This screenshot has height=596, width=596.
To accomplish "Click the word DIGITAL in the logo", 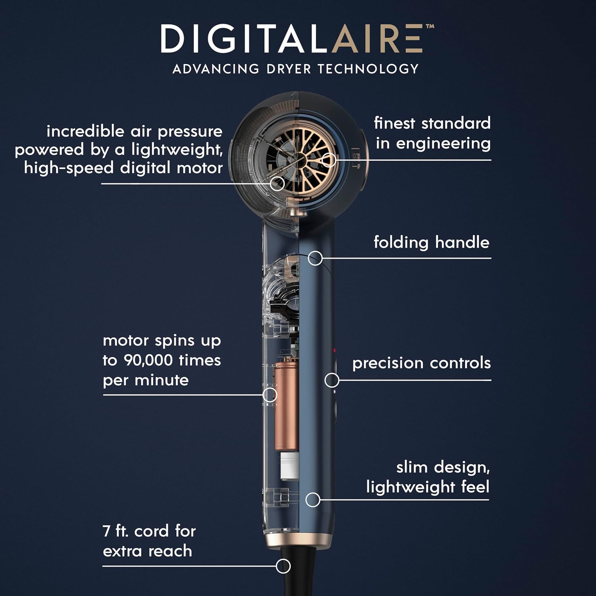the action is [x=246, y=39].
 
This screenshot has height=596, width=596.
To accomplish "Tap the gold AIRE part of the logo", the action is [x=377, y=39].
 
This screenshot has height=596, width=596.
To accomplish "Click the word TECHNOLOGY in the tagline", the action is [x=368, y=69].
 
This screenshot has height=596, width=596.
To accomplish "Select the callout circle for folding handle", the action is [x=315, y=258].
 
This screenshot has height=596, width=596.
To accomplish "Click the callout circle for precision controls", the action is [x=332, y=380].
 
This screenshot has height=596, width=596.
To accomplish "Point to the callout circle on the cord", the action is [x=283, y=566].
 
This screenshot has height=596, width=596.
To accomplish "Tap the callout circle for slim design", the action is [x=313, y=500].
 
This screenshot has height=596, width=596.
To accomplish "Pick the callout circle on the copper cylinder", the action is [x=270, y=395].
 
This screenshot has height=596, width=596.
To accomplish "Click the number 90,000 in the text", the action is [x=148, y=360].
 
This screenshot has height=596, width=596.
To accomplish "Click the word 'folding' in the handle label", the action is [x=401, y=243].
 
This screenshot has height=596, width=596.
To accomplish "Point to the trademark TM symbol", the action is [x=430, y=27].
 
